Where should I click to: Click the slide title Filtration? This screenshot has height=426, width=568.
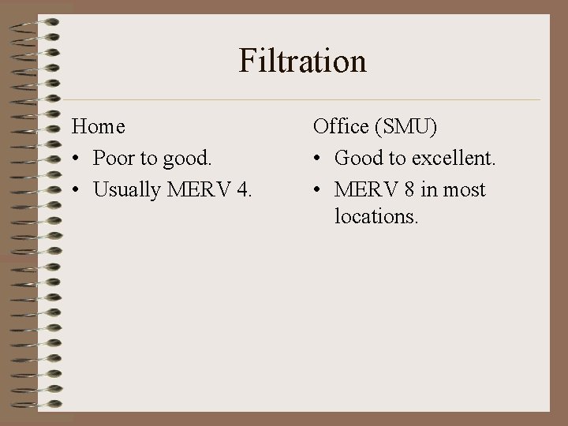pos(303,62)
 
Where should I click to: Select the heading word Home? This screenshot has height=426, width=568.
pos(99,125)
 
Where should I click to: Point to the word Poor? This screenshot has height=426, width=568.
pos(114,158)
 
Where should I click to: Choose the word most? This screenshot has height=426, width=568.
pos(465,190)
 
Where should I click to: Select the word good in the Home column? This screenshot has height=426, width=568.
pos(187,159)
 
